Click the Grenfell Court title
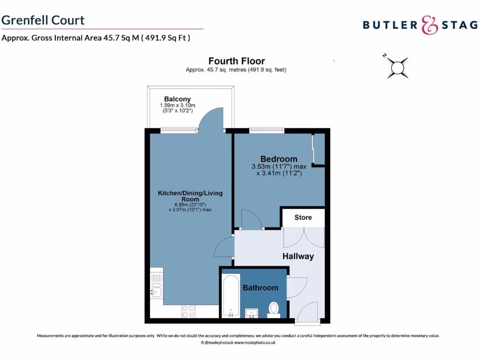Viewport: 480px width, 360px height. point(43,20)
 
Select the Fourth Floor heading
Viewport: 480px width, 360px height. point(236,61)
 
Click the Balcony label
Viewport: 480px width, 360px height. point(177,99)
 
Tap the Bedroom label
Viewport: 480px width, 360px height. point(279,159)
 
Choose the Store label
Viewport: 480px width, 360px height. point(303,217)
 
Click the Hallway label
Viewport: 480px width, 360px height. point(298,256)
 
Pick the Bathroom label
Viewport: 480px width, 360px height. point(260,287)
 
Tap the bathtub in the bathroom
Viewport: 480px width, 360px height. point(231,296)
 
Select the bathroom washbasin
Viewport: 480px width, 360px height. point(252,313)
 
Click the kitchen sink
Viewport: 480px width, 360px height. point(156,291)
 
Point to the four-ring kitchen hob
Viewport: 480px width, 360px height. point(188,312)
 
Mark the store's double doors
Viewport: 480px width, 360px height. point(303,237)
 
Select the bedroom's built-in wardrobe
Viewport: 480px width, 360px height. point(318,150)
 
